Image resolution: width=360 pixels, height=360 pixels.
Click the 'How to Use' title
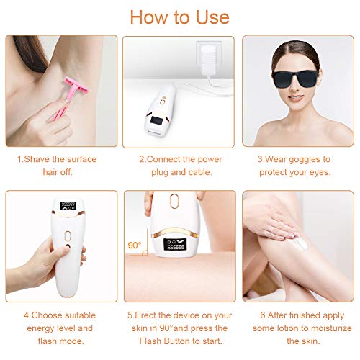click(x=179, y=17)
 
